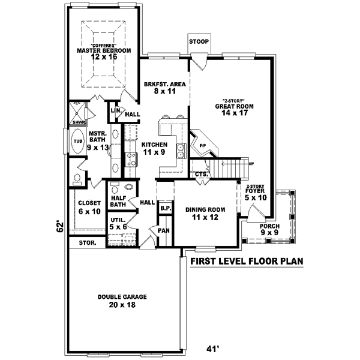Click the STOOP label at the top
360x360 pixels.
coord(198,42)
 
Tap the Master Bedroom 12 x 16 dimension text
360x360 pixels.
coord(103,58)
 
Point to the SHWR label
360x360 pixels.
coord(77,122)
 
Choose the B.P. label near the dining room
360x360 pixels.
coord(165,208)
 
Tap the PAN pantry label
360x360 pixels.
coord(164,230)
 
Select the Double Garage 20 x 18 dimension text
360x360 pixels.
coord(122,304)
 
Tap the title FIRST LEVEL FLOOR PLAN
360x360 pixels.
coord(247,262)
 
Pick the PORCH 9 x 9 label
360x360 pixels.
coord(266,230)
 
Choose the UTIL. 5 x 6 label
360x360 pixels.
coord(118,224)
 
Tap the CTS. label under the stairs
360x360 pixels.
coord(201,174)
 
